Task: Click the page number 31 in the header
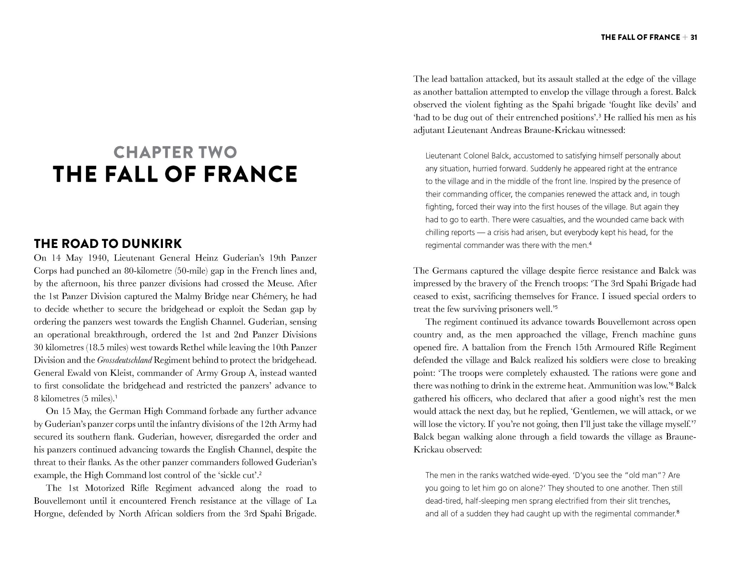point(694,37)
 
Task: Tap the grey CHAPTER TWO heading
point(175,152)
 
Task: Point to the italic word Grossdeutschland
point(124,360)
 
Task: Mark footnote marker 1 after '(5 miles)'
point(117,396)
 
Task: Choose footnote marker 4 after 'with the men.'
point(591,243)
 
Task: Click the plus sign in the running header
point(685,37)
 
